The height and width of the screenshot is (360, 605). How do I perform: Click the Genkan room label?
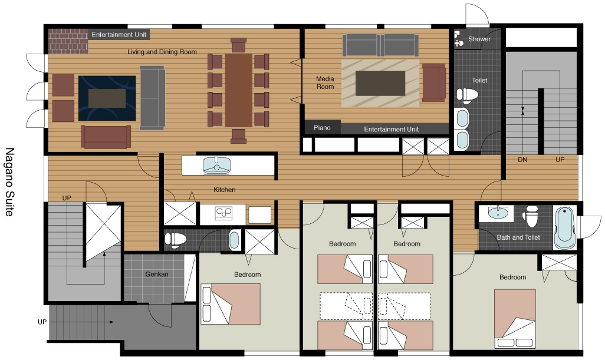(x=157, y=275)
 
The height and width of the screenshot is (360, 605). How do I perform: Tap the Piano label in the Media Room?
(x=322, y=128)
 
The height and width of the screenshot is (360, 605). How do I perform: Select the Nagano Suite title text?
(x=9, y=181)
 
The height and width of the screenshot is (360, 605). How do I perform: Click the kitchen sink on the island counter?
(x=216, y=166)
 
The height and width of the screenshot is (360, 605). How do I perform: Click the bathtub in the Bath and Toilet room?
(x=565, y=227)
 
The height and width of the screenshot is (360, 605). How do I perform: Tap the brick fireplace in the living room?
(x=68, y=41)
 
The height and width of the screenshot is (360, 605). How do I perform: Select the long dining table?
(x=238, y=91)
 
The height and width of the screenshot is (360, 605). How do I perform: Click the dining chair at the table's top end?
(x=238, y=45)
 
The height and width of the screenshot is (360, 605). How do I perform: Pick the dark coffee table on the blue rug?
(x=107, y=98)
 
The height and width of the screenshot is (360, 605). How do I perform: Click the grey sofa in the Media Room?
(x=380, y=45)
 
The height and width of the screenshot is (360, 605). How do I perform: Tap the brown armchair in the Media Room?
(x=434, y=82)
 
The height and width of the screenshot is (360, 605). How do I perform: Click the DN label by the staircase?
(x=522, y=160)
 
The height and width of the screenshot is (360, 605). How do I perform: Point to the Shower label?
(x=479, y=39)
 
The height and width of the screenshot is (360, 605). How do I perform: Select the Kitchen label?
(x=225, y=190)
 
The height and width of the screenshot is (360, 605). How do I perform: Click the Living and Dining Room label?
(x=162, y=52)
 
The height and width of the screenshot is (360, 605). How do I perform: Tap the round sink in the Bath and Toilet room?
(x=498, y=212)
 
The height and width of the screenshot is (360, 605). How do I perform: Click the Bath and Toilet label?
(x=518, y=237)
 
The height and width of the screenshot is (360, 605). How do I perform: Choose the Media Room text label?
(x=325, y=83)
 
